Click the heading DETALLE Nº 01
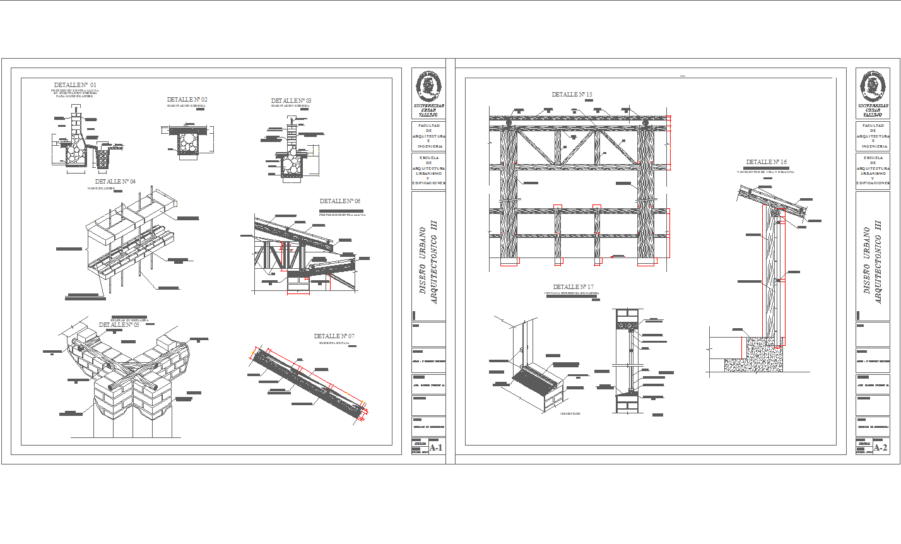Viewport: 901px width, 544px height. point(75,85)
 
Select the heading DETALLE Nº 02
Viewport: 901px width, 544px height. point(187,100)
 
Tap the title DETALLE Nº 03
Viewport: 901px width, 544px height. point(291,101)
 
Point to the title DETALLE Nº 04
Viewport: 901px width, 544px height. point(115,182)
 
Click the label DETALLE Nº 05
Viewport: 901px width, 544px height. point(119,325)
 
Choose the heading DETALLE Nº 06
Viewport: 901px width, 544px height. point(340,201)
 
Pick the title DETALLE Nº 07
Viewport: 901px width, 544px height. point(334,336)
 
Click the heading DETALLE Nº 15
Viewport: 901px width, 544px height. point(572,95)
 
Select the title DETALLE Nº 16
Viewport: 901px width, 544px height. point(766,162)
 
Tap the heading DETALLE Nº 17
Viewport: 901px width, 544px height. point(573,287)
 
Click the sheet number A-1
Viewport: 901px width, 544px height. point(437,448)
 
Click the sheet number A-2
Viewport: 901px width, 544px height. point(880,448)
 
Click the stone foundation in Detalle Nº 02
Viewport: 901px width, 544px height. point(187,143)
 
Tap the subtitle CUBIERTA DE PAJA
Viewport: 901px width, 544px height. point(334,343)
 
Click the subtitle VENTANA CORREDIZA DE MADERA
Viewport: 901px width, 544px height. point(571,293)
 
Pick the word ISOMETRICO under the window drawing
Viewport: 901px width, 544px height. point(570,414)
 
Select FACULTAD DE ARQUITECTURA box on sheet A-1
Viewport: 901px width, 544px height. point(428,136)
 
